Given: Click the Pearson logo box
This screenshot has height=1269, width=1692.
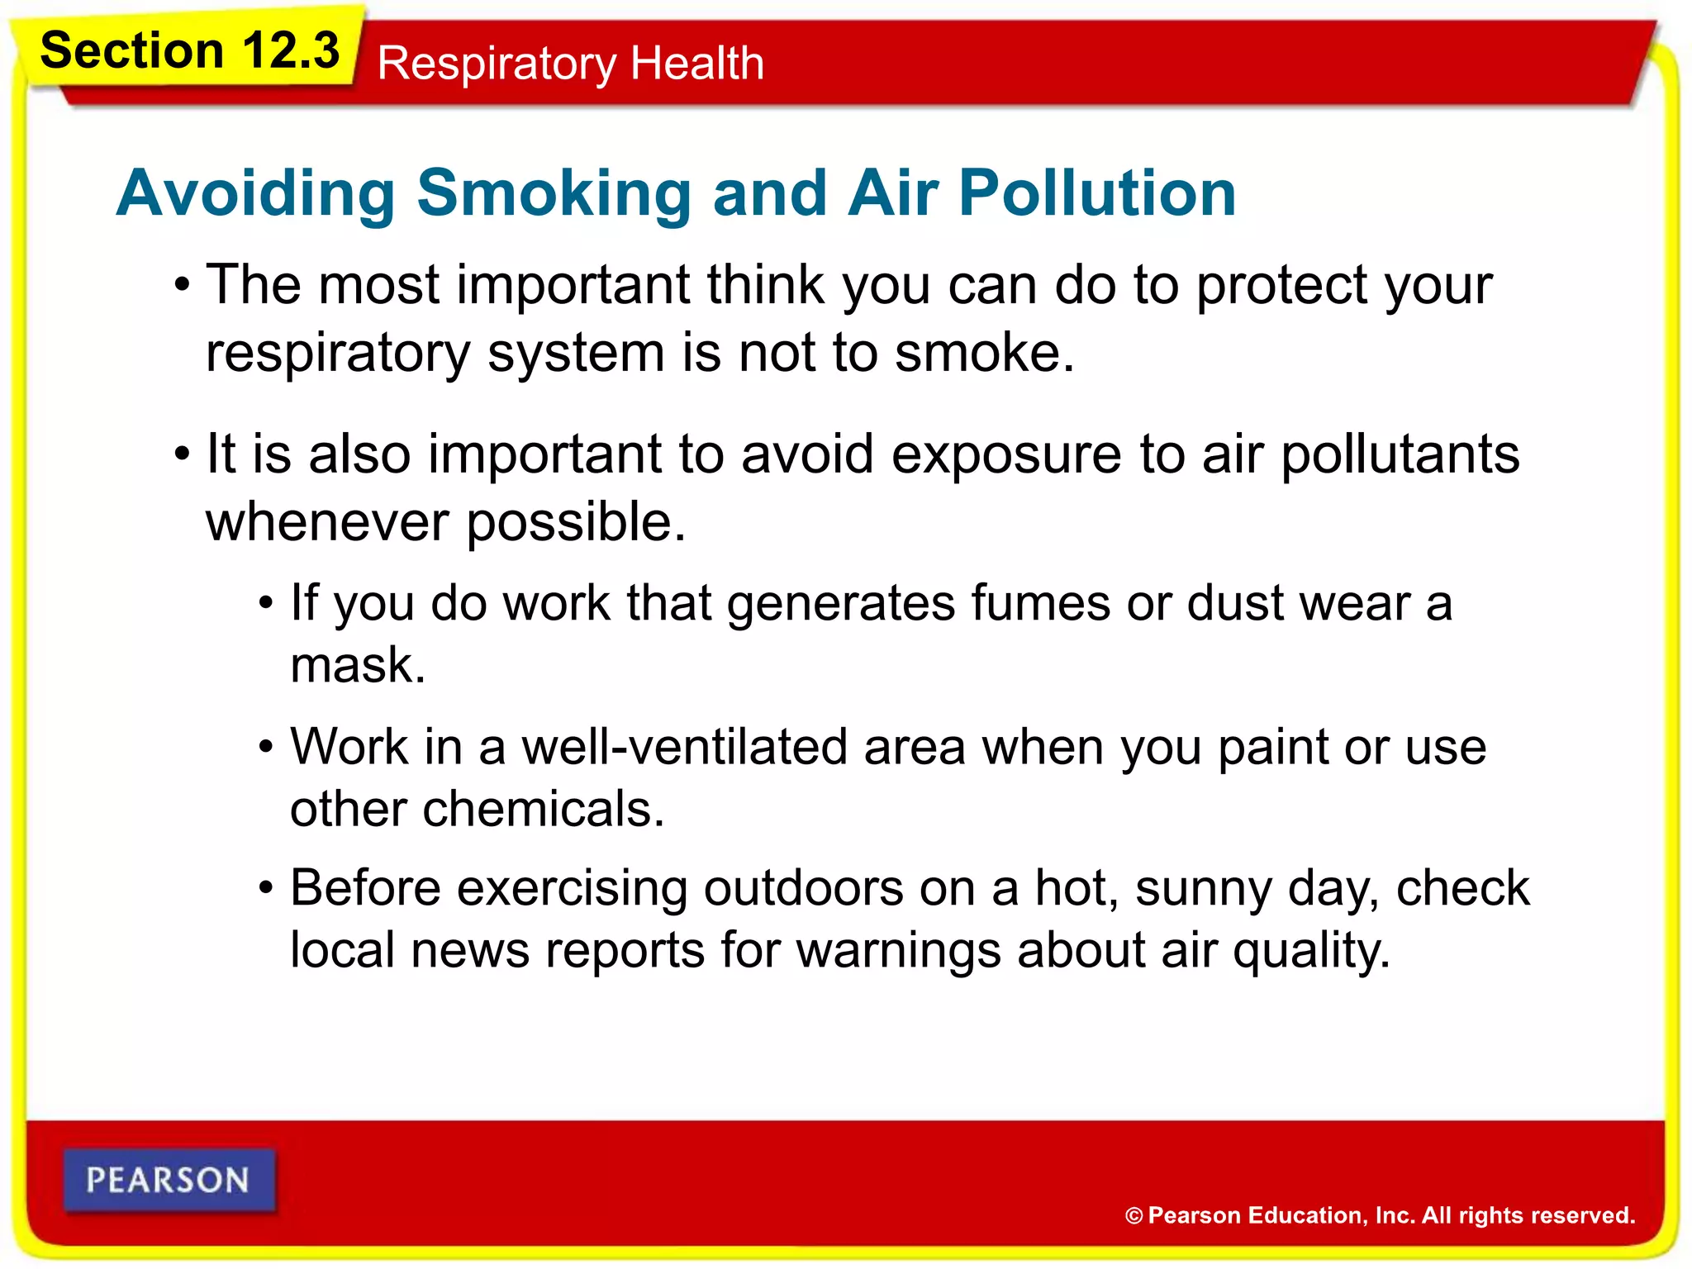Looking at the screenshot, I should (x=169, y=1180).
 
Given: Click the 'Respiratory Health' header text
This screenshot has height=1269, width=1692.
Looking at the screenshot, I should (x=570, y=63).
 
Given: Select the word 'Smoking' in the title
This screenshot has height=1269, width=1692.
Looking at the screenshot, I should (x=554, y=192).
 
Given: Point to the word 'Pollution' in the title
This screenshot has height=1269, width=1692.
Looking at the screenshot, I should (x=1097, y=192).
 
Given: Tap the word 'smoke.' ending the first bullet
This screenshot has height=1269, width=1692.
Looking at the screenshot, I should (x=984, y=353).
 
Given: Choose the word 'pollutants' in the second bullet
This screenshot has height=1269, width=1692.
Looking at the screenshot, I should (x=1400, y=454).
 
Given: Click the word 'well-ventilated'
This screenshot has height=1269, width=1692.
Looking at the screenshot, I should (x=685, y=747).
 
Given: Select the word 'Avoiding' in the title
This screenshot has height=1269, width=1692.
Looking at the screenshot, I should (x=255, y=192).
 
